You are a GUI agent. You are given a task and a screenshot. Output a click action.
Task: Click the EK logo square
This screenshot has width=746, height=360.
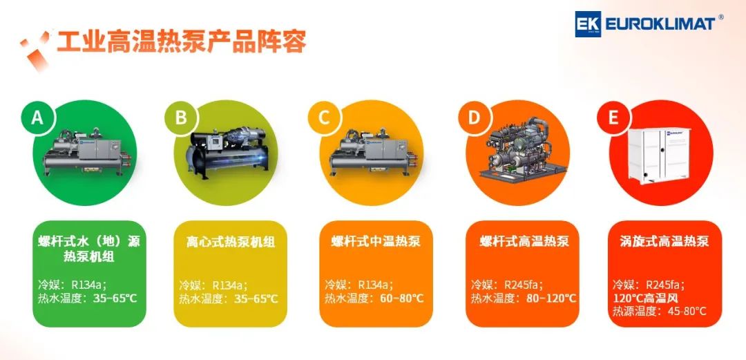[x=588, y=23]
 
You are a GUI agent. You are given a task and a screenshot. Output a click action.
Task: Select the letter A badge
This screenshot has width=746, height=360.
[x=37, y=117]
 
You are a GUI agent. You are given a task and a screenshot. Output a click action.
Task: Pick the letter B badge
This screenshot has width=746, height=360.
[x=181, y=117]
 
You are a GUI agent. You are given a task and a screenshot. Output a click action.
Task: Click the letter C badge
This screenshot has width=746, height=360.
[x=324, y=117]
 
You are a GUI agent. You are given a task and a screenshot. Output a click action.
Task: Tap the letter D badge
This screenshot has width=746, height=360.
[x=474, y=117]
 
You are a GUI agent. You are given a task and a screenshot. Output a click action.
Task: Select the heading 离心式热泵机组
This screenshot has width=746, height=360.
[x=230, y=242]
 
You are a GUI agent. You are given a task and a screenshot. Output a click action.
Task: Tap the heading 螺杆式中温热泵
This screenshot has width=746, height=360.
[x=376, y=242]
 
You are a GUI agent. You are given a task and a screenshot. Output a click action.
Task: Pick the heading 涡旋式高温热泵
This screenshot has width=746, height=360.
[x=664, y=242]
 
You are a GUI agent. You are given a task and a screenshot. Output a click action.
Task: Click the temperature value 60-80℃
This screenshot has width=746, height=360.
[x=402, y=299]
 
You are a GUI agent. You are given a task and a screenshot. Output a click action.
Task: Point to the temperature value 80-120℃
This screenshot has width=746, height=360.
[x=551, y=299]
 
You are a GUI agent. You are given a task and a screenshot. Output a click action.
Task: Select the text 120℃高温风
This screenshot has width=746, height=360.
[x=644, y=299]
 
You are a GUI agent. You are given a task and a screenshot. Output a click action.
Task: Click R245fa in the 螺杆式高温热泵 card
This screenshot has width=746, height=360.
[x=522, y=285]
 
